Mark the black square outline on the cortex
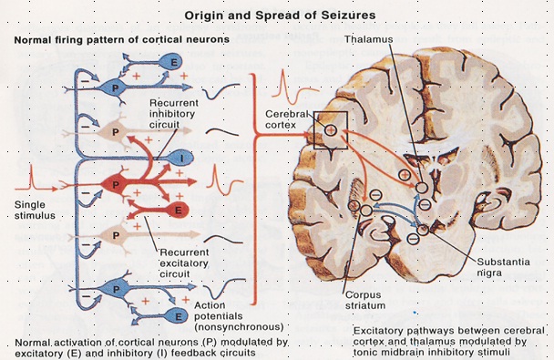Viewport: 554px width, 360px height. (330, 129)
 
